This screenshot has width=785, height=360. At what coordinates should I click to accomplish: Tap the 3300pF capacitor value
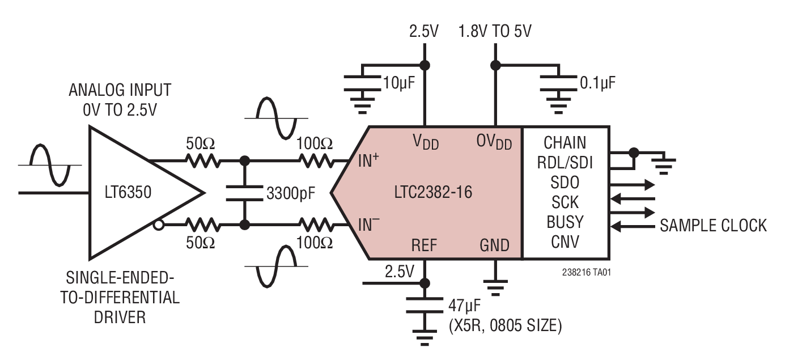[x=290, y=194]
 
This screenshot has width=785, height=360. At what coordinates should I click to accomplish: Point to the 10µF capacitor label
[x=398, y=83]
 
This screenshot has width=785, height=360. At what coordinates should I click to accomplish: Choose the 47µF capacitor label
[x=465, y=307]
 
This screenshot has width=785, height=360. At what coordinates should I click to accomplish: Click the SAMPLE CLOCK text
[x=713, y=226]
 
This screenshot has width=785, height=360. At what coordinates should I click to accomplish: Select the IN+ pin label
[x=368, y=161]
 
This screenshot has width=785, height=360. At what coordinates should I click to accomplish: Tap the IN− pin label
[x=368, y=225]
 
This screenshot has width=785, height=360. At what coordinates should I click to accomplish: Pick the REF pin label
[x=424, y=245]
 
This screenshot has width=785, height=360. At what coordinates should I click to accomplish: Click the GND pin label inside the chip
[x=494, y=245]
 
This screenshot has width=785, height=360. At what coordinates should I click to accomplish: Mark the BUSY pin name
[x=565, y=222]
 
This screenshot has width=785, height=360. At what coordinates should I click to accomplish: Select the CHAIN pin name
[x=565, y=142]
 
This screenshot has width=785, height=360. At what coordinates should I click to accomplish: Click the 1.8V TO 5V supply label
[x=495, y=31]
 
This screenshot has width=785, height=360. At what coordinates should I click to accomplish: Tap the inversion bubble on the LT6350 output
[x=159, y=225]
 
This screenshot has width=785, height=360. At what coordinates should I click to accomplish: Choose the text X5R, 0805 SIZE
[x=504, y=326]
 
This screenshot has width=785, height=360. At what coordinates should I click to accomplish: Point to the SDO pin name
[x=565, y=182]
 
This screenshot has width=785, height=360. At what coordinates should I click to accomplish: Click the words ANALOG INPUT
[x=120, y=90]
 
